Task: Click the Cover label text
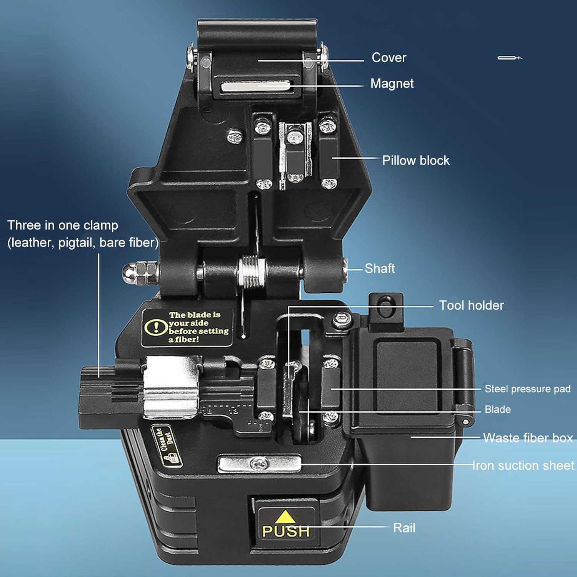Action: coord(389,58)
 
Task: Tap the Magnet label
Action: coord(392,83)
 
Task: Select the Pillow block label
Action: coord(416,160)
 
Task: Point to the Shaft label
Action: coord(380,268)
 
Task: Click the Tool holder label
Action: coord(471,305)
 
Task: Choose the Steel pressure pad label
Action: coord(527,389)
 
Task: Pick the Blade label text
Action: coord(498,409)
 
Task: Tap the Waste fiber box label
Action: coord(528,438)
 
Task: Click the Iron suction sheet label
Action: coord(523,465)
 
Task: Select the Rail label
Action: coord(404,528)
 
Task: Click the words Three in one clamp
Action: coord(63,225)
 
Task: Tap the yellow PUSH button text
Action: coord(286,531)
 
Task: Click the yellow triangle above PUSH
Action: coord(285,517)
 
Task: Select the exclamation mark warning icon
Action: coord(156,327)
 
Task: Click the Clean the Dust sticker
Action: coord(166,446)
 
